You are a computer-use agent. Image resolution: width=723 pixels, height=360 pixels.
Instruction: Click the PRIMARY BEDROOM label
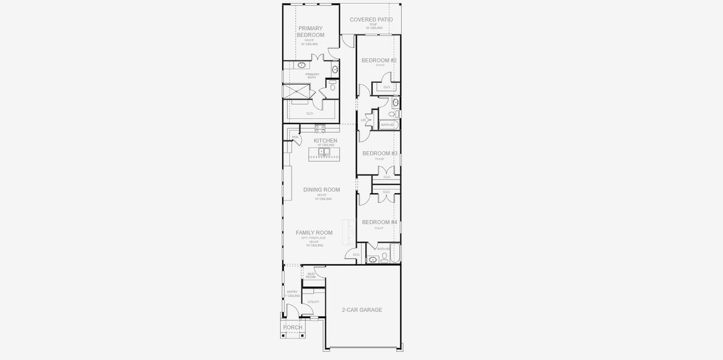(x=310, y=32)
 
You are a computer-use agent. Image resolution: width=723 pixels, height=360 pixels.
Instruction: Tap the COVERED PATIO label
(x=371, y=20)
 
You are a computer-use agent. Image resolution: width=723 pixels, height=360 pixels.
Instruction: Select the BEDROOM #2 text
(x=379, y=61)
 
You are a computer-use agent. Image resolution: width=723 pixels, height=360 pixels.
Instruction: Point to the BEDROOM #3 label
(x=379, y=154)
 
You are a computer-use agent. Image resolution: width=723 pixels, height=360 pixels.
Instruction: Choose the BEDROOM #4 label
(x=379, y=222)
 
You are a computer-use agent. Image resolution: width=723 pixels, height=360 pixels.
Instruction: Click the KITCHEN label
(x=325, y=140)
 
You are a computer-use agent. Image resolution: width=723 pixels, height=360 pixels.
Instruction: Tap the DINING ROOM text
(x=322, y=190)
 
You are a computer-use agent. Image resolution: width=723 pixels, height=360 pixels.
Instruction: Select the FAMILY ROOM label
(x=314, y=233)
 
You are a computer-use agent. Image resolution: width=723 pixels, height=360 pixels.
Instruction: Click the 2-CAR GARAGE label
(x=362, y=310)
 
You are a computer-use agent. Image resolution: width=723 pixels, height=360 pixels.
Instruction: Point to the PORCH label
(x=293, y=328)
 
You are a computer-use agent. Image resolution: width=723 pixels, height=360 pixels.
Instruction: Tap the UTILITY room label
(x=313, y=302)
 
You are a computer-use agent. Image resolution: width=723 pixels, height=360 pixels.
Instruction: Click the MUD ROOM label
(x=311, y=275)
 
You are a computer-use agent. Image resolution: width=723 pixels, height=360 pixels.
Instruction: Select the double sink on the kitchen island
(x=324, y=152)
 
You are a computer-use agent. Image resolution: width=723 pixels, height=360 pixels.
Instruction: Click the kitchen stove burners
(x=320, y=128)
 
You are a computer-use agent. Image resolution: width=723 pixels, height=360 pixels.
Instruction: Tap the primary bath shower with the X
(x=295, y=91)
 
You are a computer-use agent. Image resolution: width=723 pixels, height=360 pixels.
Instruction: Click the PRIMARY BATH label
(x=312, y=76)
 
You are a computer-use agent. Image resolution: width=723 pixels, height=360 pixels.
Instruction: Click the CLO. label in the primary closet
(x=310, y=113)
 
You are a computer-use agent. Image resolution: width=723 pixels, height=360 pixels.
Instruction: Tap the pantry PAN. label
(x=295, y=137)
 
